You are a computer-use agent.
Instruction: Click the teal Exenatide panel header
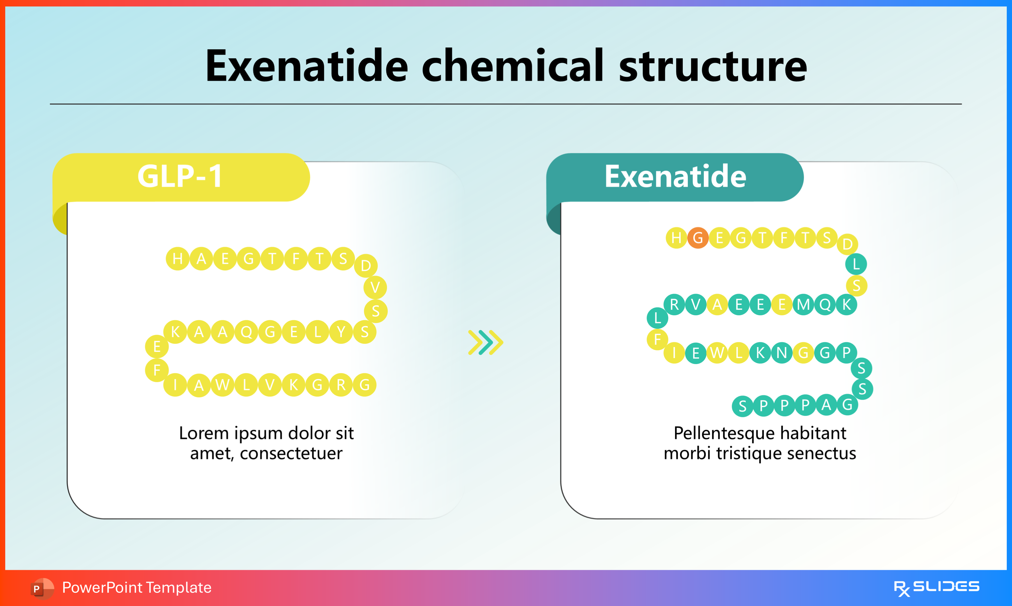click(x=675, y=176)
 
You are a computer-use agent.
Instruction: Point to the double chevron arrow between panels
click(x=486, y=342)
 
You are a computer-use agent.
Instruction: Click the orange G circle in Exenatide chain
click(x=698, y=238)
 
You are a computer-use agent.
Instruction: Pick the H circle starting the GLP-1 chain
click(x=178, y=258)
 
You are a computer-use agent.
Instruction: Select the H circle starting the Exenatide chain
click(x=676, y=238)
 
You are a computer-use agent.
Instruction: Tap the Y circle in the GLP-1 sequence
click(x=341, y=332)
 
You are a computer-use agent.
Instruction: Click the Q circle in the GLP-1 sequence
click(x=246, y=332)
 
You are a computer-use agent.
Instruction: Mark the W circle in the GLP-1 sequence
click(x=222, y=385)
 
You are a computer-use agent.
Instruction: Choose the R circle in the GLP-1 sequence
click(x=341, y=385)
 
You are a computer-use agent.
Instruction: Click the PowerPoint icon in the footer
click(x=42, y=588)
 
